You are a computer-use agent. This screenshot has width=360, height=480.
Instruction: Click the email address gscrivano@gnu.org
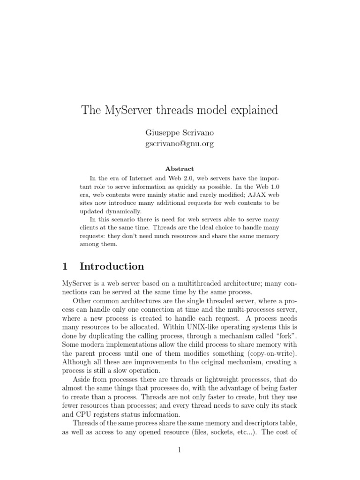[180, 144]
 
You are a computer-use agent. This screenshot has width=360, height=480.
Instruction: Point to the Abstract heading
[180, 169]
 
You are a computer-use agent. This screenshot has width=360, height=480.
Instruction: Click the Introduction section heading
[112, 267]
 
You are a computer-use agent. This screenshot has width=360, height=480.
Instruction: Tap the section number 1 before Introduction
[65, 267]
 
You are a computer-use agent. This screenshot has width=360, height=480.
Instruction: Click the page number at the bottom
[180, 450]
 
